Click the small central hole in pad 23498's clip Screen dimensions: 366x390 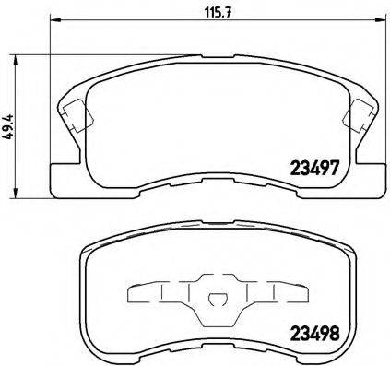[x=215, y=298]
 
